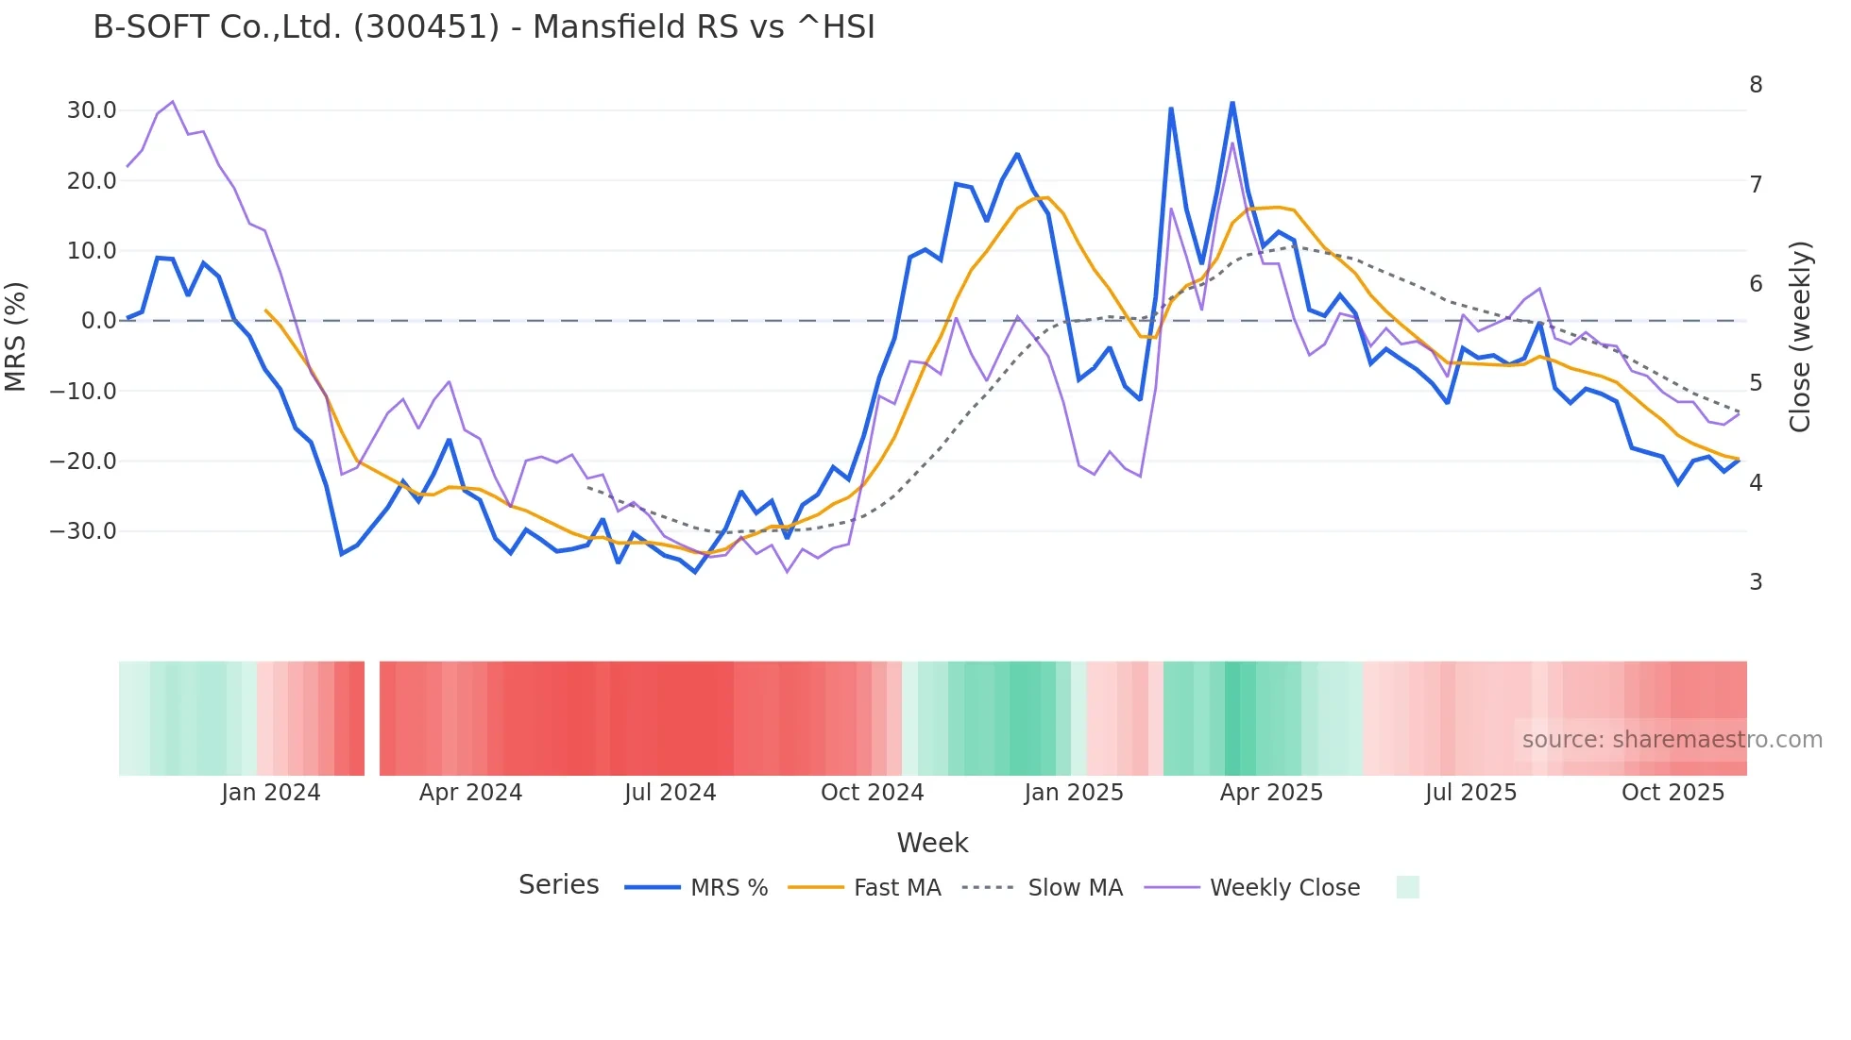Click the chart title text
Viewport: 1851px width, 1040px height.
pyautogui.click(x=484, y=27)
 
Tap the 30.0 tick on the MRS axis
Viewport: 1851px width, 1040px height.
pyautogui.click(x=92, y=110)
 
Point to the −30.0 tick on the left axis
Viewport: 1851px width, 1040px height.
pyautogui.click(x=83, y=531)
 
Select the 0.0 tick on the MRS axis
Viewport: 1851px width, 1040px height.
pyautogui.click(x=98, y=321)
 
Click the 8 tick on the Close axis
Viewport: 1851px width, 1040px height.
pyautogui.click(x=1756, y=85)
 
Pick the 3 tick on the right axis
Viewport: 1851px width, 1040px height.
pyautogui.click(x=1756, y=582)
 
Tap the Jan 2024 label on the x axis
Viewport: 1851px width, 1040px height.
pyautogui.click(x=271, y=793)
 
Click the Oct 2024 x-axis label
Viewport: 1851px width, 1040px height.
pyautogui.click(x=872, y=793)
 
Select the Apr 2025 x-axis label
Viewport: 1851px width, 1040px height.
pyautogui.click(x=1271, y=793)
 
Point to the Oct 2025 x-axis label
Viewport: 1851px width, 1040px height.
pyautogui.click(x=1673, y=793)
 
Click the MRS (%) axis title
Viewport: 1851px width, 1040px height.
pyautogui.click(x=15, y=336)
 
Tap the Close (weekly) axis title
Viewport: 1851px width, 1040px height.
pyautogui.click(x=1800, y=337)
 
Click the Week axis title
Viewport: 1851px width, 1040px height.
pyautogui.click(x=932, y=843)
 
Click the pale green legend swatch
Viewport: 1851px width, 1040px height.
pyautogui.click(x=1407, y=887)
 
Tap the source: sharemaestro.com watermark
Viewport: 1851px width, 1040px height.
pyautogui.click(x=1672, y=740)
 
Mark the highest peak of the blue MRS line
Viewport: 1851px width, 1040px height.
pyautogui.click(x=1232, y=102)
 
